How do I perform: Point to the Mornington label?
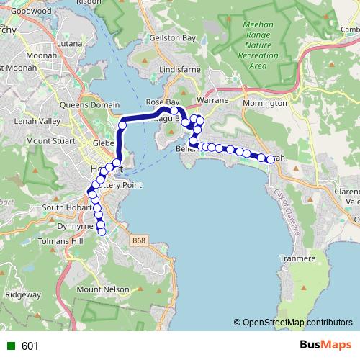(x=265, y=103)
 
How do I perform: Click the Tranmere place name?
(x=298, y=258)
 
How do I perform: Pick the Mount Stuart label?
(x=48, y=141)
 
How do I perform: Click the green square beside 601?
(x=10, y=346)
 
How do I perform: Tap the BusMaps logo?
(x=325, y=346)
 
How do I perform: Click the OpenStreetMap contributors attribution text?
(x=294, y=323)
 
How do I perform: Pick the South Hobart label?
(x=64, y=208)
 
